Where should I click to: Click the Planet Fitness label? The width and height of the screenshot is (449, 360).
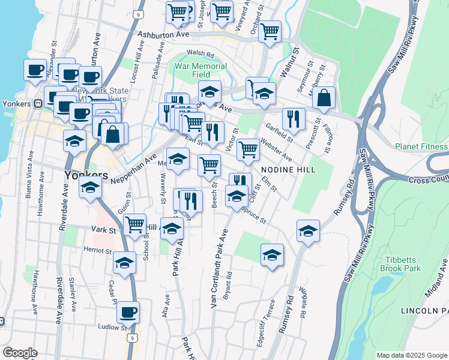point(421,146)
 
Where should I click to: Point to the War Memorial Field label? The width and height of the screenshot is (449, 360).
point(201,70)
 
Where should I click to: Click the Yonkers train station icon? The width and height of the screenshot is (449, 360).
point(38,103)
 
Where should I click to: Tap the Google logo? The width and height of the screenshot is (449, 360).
point(20,352)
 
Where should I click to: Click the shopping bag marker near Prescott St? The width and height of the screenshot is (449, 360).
point(324,100)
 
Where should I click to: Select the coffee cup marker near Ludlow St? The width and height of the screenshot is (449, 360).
point(128,312)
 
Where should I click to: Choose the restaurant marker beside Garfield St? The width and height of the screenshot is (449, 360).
point(293,119)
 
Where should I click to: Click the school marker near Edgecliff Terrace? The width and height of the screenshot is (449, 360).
point(272,255)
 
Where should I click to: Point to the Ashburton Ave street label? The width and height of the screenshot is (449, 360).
point(163,35)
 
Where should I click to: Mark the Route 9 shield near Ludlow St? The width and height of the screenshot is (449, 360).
point(130,338)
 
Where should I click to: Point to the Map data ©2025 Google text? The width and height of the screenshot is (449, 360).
point(411,355)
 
